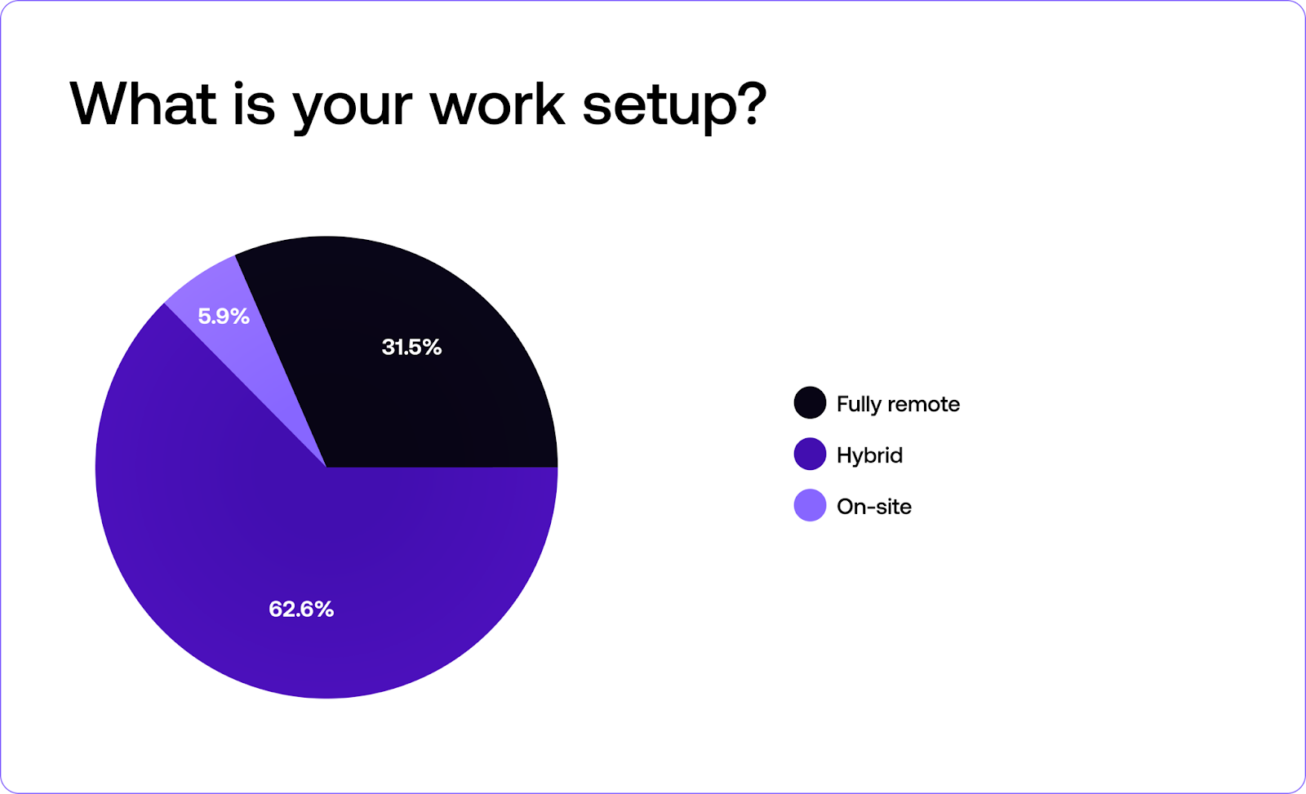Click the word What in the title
tap(144, 104)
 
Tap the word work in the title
tap(497, 104)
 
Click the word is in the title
tap(254, 104)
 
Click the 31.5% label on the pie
tap(411, 348)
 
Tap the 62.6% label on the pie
tap(301, 610)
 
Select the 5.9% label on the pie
tap(224, 317)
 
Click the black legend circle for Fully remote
tap(810, 403)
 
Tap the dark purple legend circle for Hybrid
tap(810, 455)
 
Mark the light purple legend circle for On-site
tap(810, 505)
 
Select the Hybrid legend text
tap(869, 455)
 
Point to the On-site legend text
tap(874, 507)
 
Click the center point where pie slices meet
tap(326, 468)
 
